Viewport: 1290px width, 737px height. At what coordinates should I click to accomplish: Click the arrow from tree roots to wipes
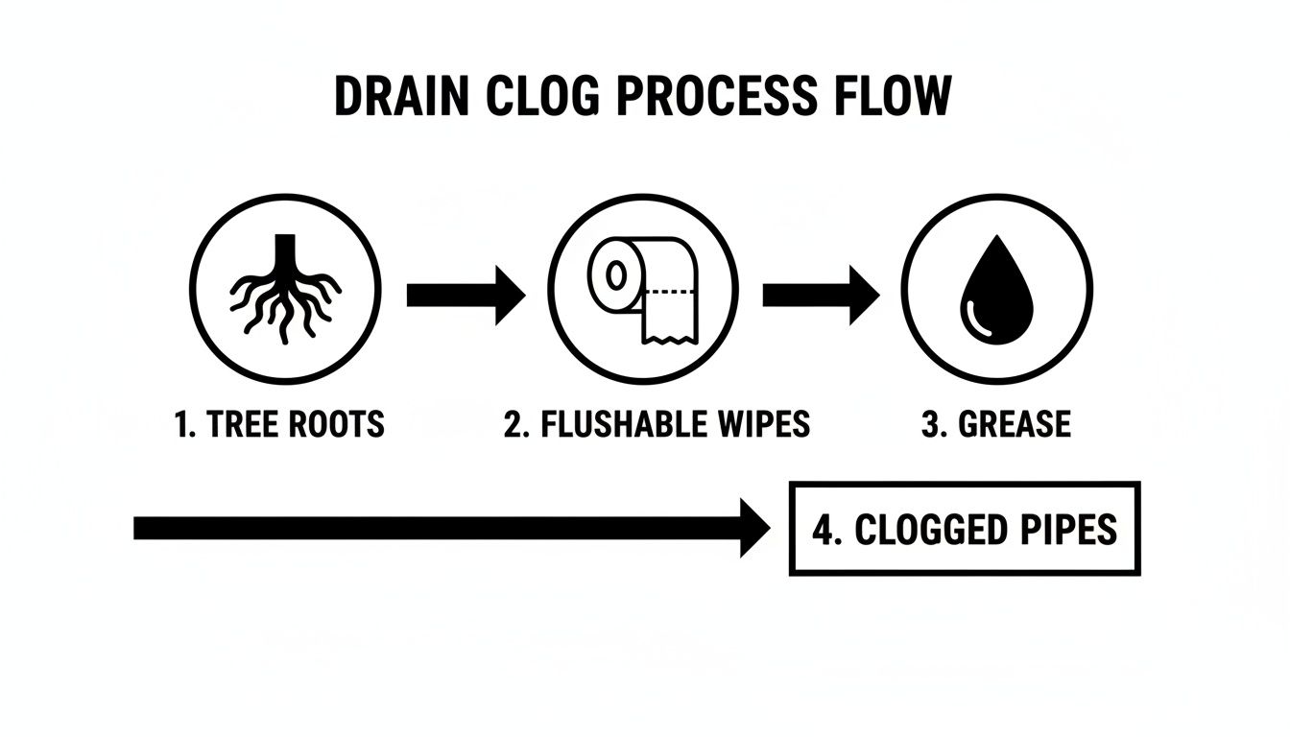[x=466, y=295]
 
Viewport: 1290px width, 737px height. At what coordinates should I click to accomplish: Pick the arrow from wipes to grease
[x=821, y=295]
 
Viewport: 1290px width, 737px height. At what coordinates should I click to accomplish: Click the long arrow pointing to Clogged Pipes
[x=451, y=528]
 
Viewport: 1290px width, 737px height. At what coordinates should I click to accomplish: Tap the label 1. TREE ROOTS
[x=279, y=424]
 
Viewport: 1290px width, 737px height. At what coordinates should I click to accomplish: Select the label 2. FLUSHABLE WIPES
[x=657, y=424]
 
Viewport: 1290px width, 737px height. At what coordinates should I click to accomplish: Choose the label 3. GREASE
[x=995, y=424]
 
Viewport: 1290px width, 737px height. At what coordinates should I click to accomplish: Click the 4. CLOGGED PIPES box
[x=965, y=529]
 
